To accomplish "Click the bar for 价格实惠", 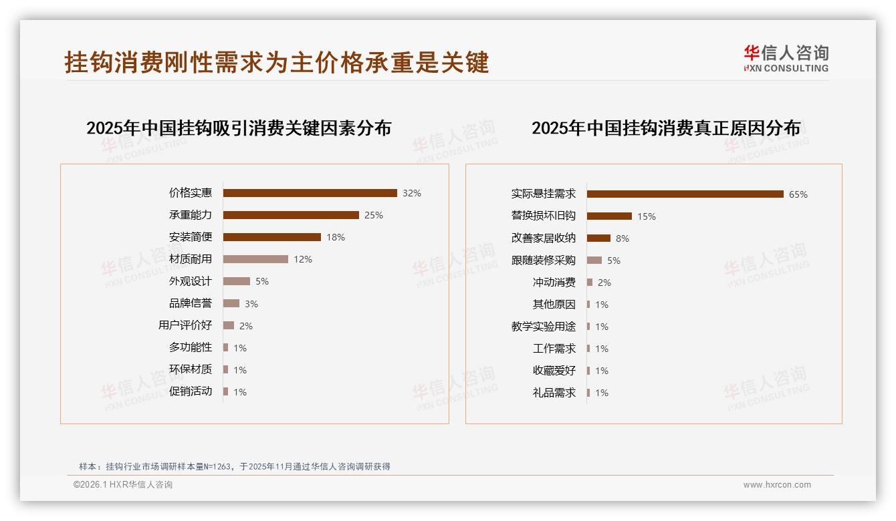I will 310,193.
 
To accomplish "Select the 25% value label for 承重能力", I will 374,215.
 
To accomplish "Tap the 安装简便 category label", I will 190,237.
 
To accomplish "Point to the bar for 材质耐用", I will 255,259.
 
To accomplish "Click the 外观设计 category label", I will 190,281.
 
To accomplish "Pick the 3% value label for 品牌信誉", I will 251,304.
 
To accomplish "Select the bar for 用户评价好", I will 229,325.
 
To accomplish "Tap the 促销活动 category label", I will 190,391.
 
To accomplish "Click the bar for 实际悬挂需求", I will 685,194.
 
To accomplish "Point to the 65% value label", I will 798,195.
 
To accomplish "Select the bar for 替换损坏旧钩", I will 609,216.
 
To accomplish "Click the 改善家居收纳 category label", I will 543,238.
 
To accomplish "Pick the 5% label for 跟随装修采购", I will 614,260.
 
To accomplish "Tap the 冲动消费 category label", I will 554,283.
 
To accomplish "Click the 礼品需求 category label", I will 554,393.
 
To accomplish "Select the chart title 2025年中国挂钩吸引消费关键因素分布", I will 239,128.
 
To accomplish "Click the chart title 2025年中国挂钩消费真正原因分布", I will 665,128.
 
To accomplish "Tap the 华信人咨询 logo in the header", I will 786,59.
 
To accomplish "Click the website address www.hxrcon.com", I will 777,485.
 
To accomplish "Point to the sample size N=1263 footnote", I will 234,467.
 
